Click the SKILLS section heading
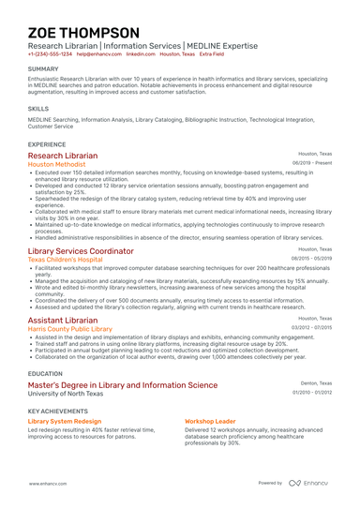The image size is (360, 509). (38, 108)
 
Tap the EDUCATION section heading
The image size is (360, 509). (46, 373)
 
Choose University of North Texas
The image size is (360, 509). (67, 394)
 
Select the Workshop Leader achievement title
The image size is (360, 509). (210, 422)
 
